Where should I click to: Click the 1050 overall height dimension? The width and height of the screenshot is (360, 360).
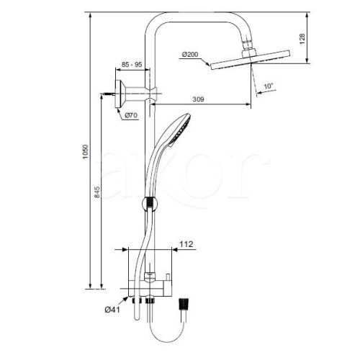pyautogui.click(x=86, y=152)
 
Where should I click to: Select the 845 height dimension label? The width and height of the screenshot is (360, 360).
pyautogui.click(x=97, y=192)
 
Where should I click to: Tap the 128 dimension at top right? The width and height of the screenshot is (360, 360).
pyautogui.click(x=302, y=39)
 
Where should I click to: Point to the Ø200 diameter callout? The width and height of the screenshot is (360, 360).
pyautogui.click(x=190, y=55)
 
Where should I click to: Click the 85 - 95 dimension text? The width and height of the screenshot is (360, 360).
pyautogui.click(x=132, y=65)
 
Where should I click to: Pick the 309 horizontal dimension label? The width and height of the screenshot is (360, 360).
pyautogui.click(x=198, y=99)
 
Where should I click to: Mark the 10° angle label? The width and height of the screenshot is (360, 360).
pyautogui.click(x=269, y=86)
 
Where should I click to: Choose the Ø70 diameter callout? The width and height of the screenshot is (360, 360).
pyautogui.click(x=131, y=115)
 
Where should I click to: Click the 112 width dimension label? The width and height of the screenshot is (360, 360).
pyautogui.click(x=186, y=244)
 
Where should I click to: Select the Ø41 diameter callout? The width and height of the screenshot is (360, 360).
pyautogui.click(x=112, y=310)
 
